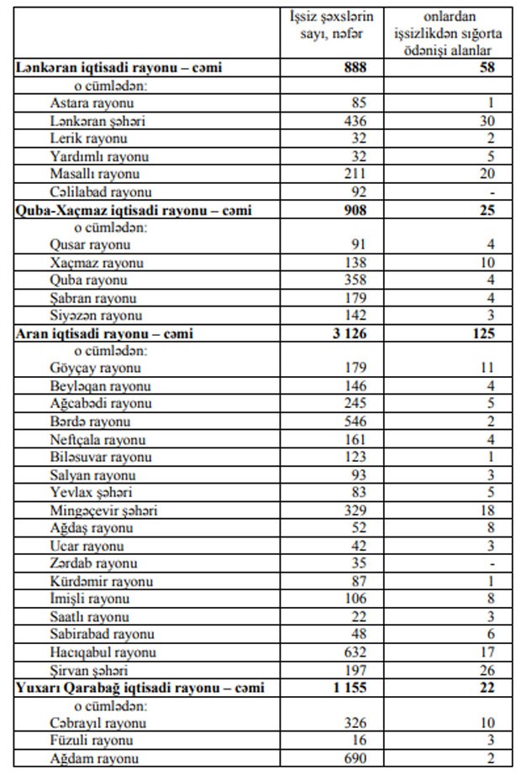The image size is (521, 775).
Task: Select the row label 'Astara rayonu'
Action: click(92, 103)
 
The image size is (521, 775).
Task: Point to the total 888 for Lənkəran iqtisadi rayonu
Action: click(355, 67)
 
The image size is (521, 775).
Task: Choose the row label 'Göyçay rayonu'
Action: click(95, 368)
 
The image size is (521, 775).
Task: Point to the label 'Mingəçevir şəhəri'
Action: click(104, 510)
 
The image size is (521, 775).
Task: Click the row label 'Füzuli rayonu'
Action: click(92, 741)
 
